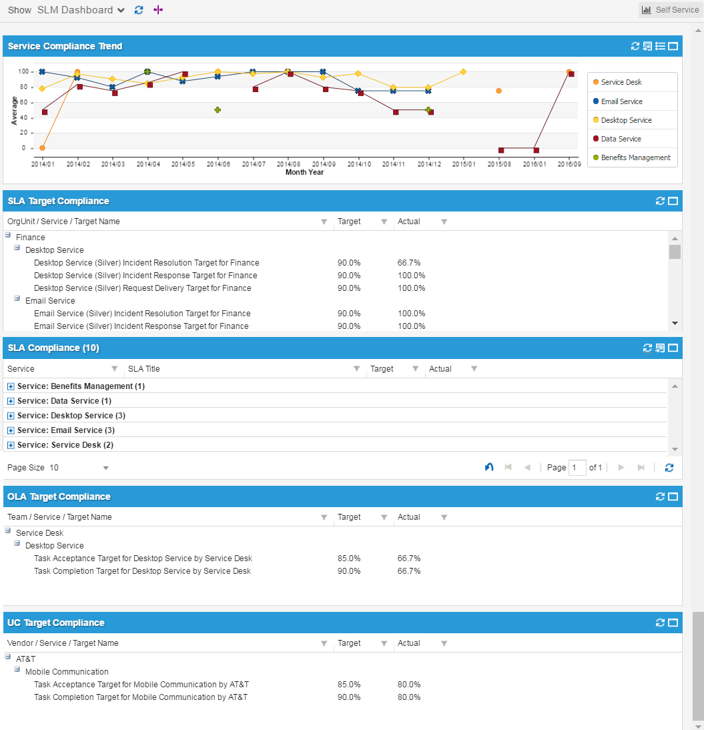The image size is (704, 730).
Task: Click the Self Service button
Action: tap(669, 10)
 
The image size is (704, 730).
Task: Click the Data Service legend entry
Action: tap(621, 139)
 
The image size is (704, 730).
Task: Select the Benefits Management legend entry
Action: tap(635, 157)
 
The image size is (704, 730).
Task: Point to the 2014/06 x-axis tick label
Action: tap(218, 163)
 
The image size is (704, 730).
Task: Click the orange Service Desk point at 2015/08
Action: tap(498, 91)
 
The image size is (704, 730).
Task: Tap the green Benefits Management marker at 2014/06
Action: tap(218, 109)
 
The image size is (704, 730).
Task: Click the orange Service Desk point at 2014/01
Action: tap(42, 148)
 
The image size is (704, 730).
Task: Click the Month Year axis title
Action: tap(304, 172)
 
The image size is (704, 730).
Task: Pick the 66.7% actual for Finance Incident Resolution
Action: tap(408, 263)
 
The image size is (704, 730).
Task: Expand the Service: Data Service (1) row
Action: tap(11, 401)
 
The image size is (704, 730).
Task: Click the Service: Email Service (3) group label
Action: tap(66, 430)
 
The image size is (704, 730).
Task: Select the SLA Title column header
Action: tap(144, 369)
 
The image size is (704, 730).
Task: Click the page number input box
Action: tap(577, 468)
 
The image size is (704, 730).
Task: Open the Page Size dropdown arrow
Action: tap(105, 468)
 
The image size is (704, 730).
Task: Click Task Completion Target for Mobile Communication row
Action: tap(141, 697)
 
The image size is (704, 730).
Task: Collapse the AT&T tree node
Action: tap(8, 657)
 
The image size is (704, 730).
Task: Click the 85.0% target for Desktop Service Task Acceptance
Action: tap(348, 559)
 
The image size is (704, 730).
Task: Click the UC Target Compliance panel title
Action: tap(56, 623)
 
